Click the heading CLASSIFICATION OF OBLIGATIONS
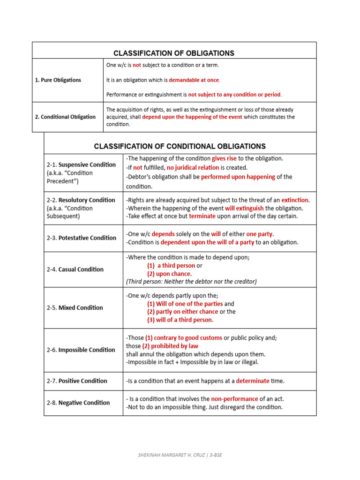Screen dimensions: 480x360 pyautogui.click(x=174, y=53)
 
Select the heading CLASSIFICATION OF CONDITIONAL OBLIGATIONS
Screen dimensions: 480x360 pyautogui.click(x=180, y=146)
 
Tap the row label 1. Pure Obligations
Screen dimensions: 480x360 pyautogui.click(x=58, y=80)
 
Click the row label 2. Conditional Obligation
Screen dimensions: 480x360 pyautogui.click(x=65, y=117)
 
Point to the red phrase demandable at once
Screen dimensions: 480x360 pyautogui.click(x=194, y=80)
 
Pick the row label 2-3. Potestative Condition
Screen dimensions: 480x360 pyautogui.click(x=82, y=238)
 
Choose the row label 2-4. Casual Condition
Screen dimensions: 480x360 pyautogui.click(x=75, y=270)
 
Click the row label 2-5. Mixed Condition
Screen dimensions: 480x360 pyautogui.click(x=75, y=307)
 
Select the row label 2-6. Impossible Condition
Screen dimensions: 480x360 pyautogui.click(x=81, y=350)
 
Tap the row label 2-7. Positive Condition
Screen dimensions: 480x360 pyautogui.click(x=77, y=381)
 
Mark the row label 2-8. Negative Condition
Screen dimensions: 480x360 pyautogui.click(x=78, y=403)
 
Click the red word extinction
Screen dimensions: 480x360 pyautogui.click(x=295, y=200)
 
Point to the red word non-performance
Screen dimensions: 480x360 pyautogui.click(x=234, y=399)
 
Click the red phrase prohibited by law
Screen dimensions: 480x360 pyautogui.click(x=170, y=346)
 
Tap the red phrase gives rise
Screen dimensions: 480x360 pyautogui.click(x=224, y=158)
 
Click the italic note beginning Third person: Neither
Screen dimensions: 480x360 pyautogui.click(x=191, y=281)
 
